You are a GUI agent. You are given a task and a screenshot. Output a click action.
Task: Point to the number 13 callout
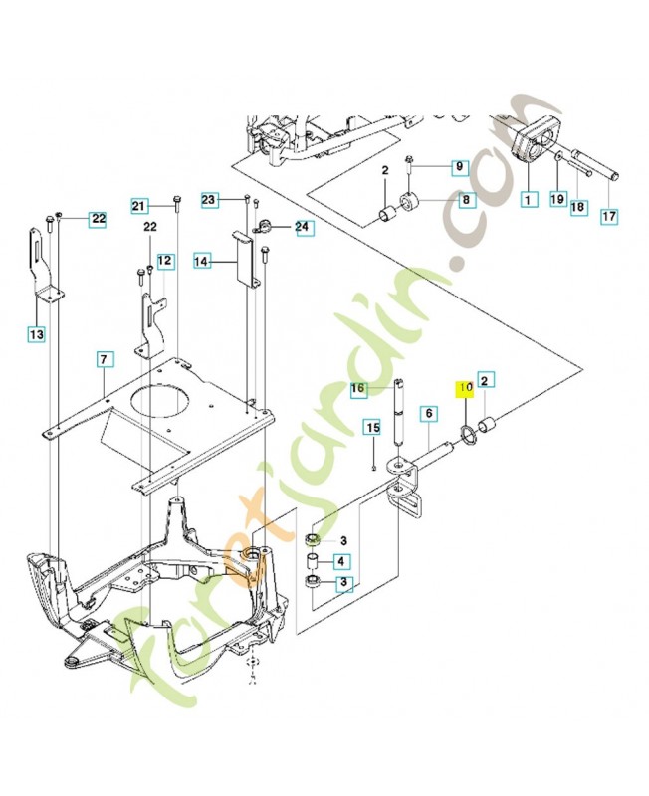coord(36,335)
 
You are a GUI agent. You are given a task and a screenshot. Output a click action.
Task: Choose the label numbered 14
coord(202,261)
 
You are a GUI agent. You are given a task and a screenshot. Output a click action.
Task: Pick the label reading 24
coord(302,228)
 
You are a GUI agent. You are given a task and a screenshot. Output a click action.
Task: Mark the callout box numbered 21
coord(140,206)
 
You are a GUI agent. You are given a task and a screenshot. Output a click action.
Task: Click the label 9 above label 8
coord(459,167)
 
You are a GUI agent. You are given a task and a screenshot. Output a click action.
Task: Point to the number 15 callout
coord(371,427)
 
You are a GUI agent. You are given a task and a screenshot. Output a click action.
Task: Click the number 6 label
coord(428,412)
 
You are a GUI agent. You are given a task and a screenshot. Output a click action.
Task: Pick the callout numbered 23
coord(208,200)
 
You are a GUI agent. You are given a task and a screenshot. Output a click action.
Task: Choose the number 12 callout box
coord(164,261)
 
